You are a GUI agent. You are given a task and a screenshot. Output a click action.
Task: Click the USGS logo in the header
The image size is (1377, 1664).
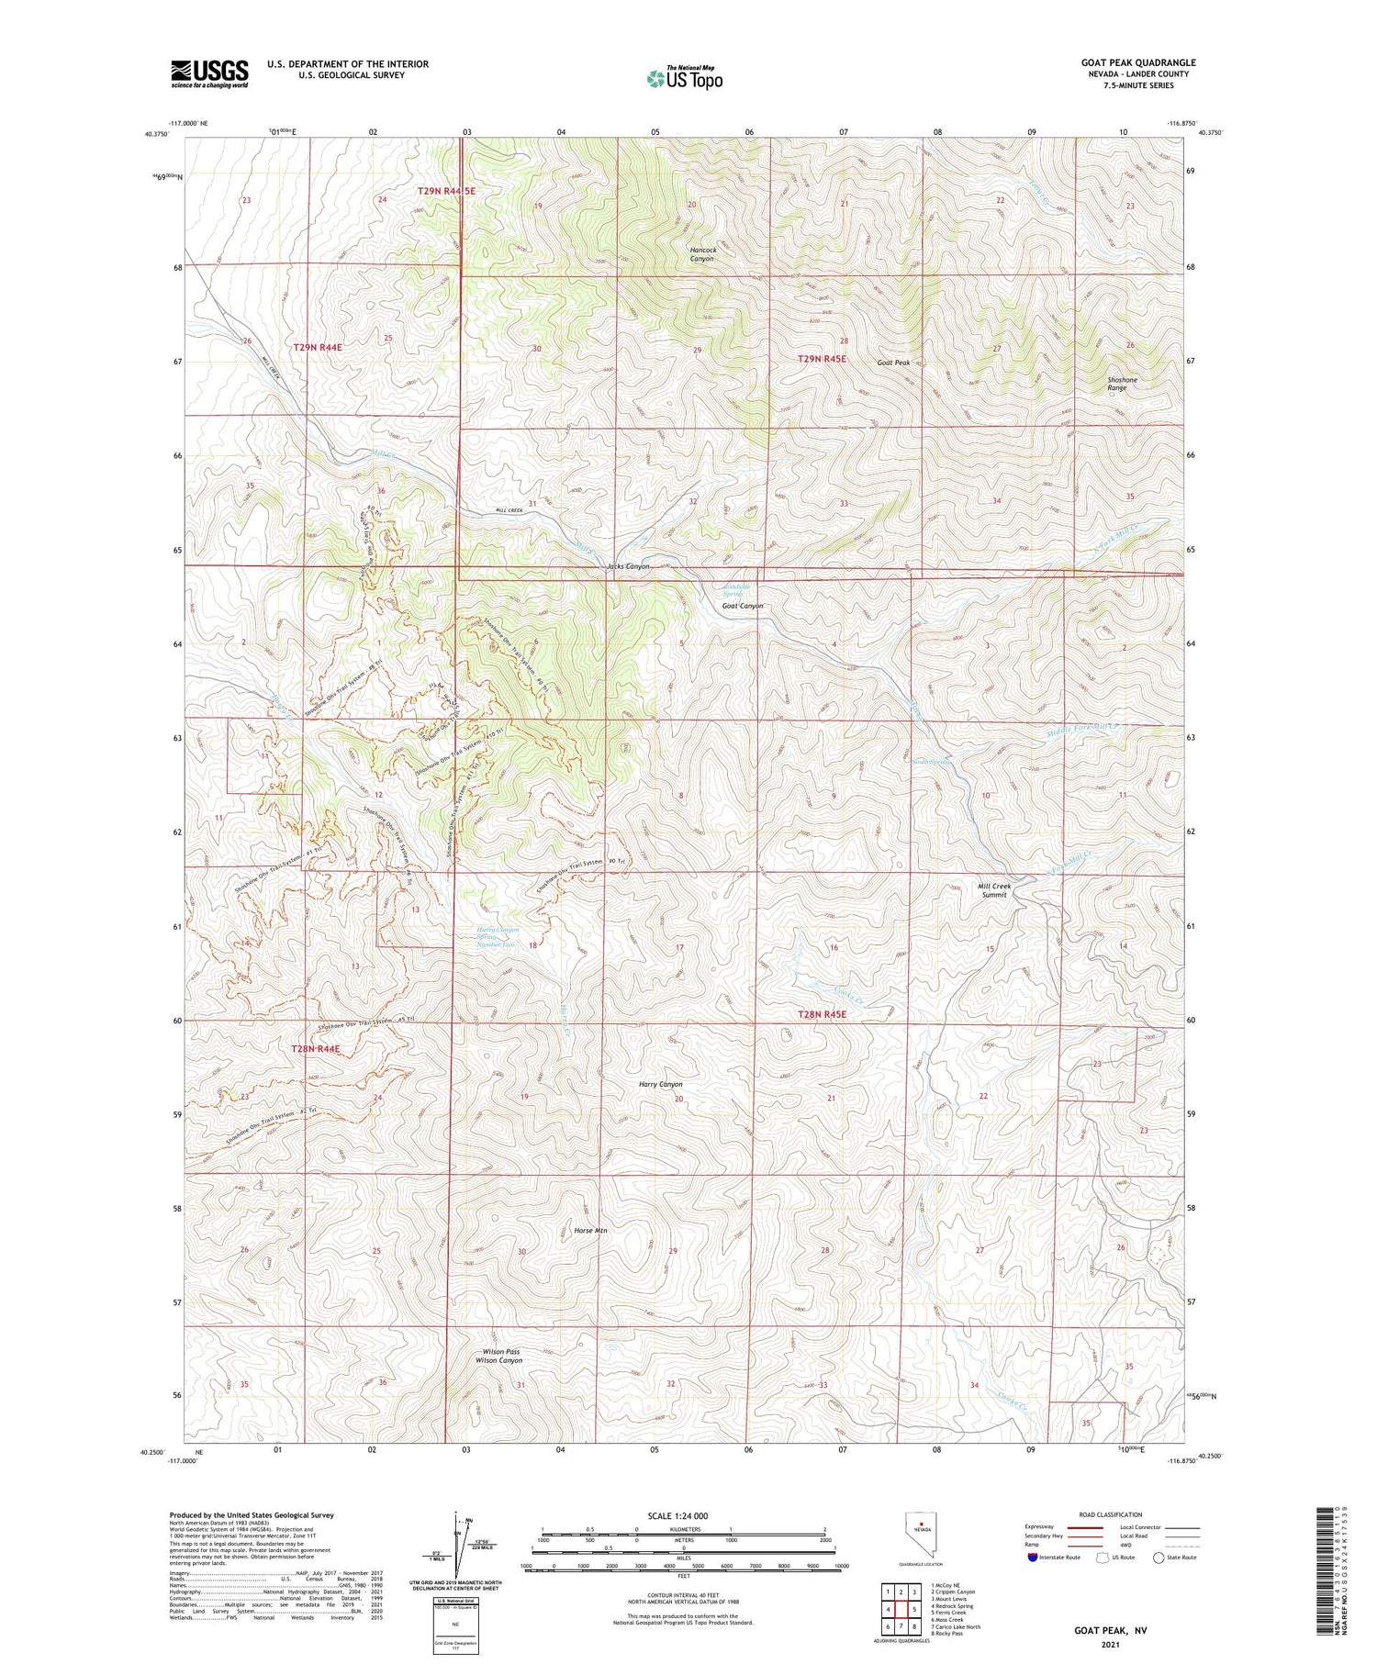pos(209,73)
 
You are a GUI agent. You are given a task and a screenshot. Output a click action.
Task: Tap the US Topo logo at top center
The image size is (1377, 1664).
pos(684,79)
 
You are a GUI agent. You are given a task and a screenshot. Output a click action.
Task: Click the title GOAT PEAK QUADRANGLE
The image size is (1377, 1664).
pos(1137,62)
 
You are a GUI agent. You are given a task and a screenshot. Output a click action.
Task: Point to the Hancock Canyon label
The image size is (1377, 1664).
pos(701,254)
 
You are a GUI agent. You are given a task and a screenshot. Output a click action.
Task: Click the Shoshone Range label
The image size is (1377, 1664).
pos(1122,384)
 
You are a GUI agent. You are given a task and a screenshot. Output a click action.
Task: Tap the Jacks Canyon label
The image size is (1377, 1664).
pos(628,566)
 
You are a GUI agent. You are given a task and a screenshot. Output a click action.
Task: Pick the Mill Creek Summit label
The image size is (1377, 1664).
pos(994,890)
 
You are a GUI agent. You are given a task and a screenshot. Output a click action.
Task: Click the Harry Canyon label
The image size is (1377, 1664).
pos(660,1084)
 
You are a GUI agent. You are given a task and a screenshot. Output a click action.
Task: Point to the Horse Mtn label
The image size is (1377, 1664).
pos(590,1230)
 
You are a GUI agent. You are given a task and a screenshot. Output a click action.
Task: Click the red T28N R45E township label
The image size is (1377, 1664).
pos(821,1014)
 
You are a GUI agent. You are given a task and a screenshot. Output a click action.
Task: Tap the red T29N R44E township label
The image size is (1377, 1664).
pos(318,348)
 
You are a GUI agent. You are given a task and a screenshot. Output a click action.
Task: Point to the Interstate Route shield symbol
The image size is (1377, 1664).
pos(1034,1558)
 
